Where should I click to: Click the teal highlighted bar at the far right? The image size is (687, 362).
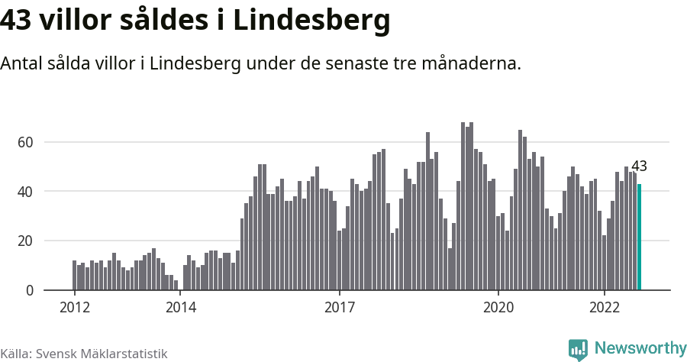639,237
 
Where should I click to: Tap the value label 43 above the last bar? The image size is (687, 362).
639,166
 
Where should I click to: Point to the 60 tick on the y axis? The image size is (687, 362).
26,142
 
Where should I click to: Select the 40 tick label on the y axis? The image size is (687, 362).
26,192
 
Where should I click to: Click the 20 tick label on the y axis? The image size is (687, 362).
26,241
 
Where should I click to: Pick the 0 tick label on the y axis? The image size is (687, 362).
31,290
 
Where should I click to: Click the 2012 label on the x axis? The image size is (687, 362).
74,308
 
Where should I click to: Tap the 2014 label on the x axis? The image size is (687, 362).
180,308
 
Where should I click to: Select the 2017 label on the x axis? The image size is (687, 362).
339,308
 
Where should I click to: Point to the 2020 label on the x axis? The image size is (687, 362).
498,308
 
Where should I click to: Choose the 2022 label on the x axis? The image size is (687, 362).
605,308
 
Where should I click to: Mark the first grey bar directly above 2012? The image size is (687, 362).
75,276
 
